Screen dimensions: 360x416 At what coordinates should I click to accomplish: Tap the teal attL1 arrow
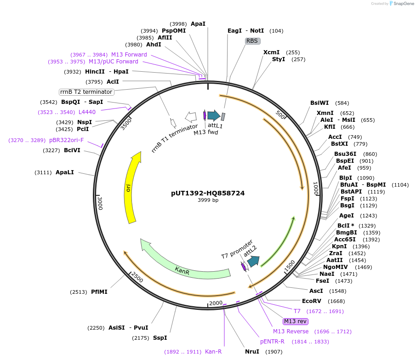point(214,115)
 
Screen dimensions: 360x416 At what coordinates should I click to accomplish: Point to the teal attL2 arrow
point(253,261)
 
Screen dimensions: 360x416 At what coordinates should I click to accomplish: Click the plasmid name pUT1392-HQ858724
point(208,193)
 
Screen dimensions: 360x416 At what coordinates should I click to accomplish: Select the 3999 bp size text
point(208,200)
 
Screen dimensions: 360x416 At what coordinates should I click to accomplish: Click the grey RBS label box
point(252,41)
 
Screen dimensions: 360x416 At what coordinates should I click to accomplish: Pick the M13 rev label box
point(295,321)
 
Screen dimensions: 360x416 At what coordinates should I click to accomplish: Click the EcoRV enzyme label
point(311,301)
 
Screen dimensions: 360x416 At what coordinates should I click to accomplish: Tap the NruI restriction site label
point(252,352)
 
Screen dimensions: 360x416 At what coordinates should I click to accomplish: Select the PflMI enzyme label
point(99,291)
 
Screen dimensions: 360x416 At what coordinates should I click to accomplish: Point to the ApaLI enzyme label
point(65,172)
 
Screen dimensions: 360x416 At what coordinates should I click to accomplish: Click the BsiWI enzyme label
point(319,103)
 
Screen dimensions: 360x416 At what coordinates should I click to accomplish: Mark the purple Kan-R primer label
point(213,352)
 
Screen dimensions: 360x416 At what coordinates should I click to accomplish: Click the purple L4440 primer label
point(87,112)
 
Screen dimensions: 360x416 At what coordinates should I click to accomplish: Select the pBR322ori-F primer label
point(67,140)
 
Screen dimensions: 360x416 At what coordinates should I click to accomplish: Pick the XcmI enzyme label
point(272,52)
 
